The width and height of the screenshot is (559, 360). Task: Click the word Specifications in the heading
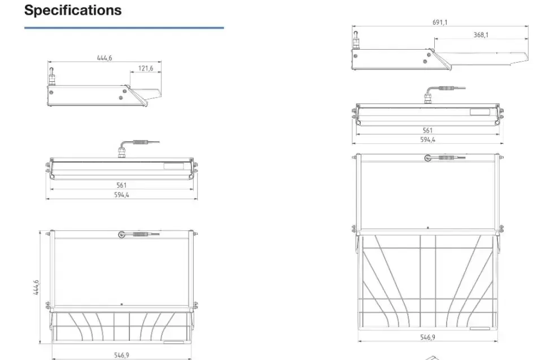[73, 10]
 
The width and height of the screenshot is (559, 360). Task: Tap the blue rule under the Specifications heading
[124, 27]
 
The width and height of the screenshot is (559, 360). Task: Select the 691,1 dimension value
[440, 23]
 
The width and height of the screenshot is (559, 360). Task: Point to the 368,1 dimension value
[481, 35]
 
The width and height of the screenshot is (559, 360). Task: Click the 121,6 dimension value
[146, 68]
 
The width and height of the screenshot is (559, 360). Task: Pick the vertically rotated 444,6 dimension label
[36, 288]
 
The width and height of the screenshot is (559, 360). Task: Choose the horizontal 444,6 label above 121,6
[104, 58]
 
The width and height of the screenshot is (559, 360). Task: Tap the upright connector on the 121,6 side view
[51, 76]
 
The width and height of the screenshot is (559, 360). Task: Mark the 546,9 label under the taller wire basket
[427, 337]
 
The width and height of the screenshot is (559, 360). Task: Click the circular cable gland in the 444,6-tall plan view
[121, 234]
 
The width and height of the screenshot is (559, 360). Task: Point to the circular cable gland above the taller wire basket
[427, 159]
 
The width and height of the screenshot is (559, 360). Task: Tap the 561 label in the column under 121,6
[121, 185]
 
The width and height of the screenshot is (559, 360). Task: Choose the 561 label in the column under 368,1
[427, 130]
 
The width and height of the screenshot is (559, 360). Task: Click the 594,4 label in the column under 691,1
[427, 139]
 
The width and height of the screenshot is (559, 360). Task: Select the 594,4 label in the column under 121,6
[121, 195]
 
